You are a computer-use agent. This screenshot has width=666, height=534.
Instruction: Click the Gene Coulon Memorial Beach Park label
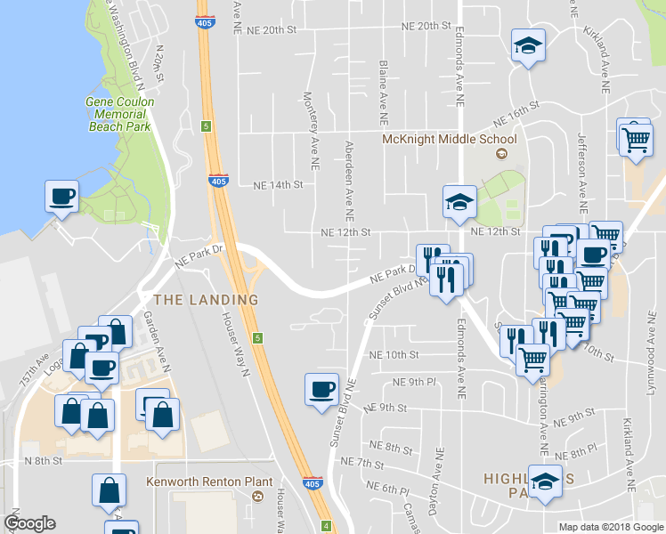[x=120, y=114]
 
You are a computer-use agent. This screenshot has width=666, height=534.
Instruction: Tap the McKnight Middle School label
[x=449, y=140]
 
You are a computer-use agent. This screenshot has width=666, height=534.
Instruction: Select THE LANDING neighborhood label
[x=206, y=300]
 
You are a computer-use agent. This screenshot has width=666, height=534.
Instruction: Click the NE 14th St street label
[x=279, y=185]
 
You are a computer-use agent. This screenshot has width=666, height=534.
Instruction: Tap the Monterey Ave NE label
[x=313, y=130]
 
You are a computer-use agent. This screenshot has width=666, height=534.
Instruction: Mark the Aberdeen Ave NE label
[x=349, y=181]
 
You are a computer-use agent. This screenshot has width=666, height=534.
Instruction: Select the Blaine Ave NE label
[x=383, y=92]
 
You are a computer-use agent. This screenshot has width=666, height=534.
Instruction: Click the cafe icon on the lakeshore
[x=61, y=196]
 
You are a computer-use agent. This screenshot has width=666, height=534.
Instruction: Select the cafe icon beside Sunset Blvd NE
[x=321, y=388]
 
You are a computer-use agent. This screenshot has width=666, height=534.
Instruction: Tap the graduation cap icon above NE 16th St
[x=528, y=45]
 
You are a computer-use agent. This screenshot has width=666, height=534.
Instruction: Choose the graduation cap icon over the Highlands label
[x=545, y=481]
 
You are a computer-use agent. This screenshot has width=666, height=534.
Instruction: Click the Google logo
[x=30, y=523]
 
